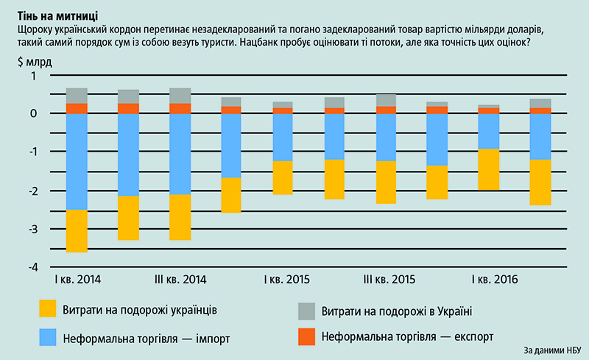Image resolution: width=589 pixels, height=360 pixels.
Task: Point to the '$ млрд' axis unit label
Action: tap(32, 61)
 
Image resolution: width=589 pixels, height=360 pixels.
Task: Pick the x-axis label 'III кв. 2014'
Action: tap(180, 280)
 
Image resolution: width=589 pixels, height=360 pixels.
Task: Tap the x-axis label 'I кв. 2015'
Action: tap(286, 280)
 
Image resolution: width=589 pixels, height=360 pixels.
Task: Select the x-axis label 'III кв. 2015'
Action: tap(390, 280)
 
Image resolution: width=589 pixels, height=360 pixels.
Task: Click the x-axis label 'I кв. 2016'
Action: tap(495, 280)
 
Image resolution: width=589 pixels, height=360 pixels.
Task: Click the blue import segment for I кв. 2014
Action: tap(77, 162)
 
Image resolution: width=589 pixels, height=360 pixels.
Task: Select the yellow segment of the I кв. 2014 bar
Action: tap(77, 231)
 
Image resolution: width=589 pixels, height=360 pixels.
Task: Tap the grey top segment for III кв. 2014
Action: tap(180, 96)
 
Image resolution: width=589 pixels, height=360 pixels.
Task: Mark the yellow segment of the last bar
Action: tap(540, 182)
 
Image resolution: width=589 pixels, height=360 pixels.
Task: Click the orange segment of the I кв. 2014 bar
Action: tap(77, 108)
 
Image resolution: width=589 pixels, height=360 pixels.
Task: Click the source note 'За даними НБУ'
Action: tap(553, 350)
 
